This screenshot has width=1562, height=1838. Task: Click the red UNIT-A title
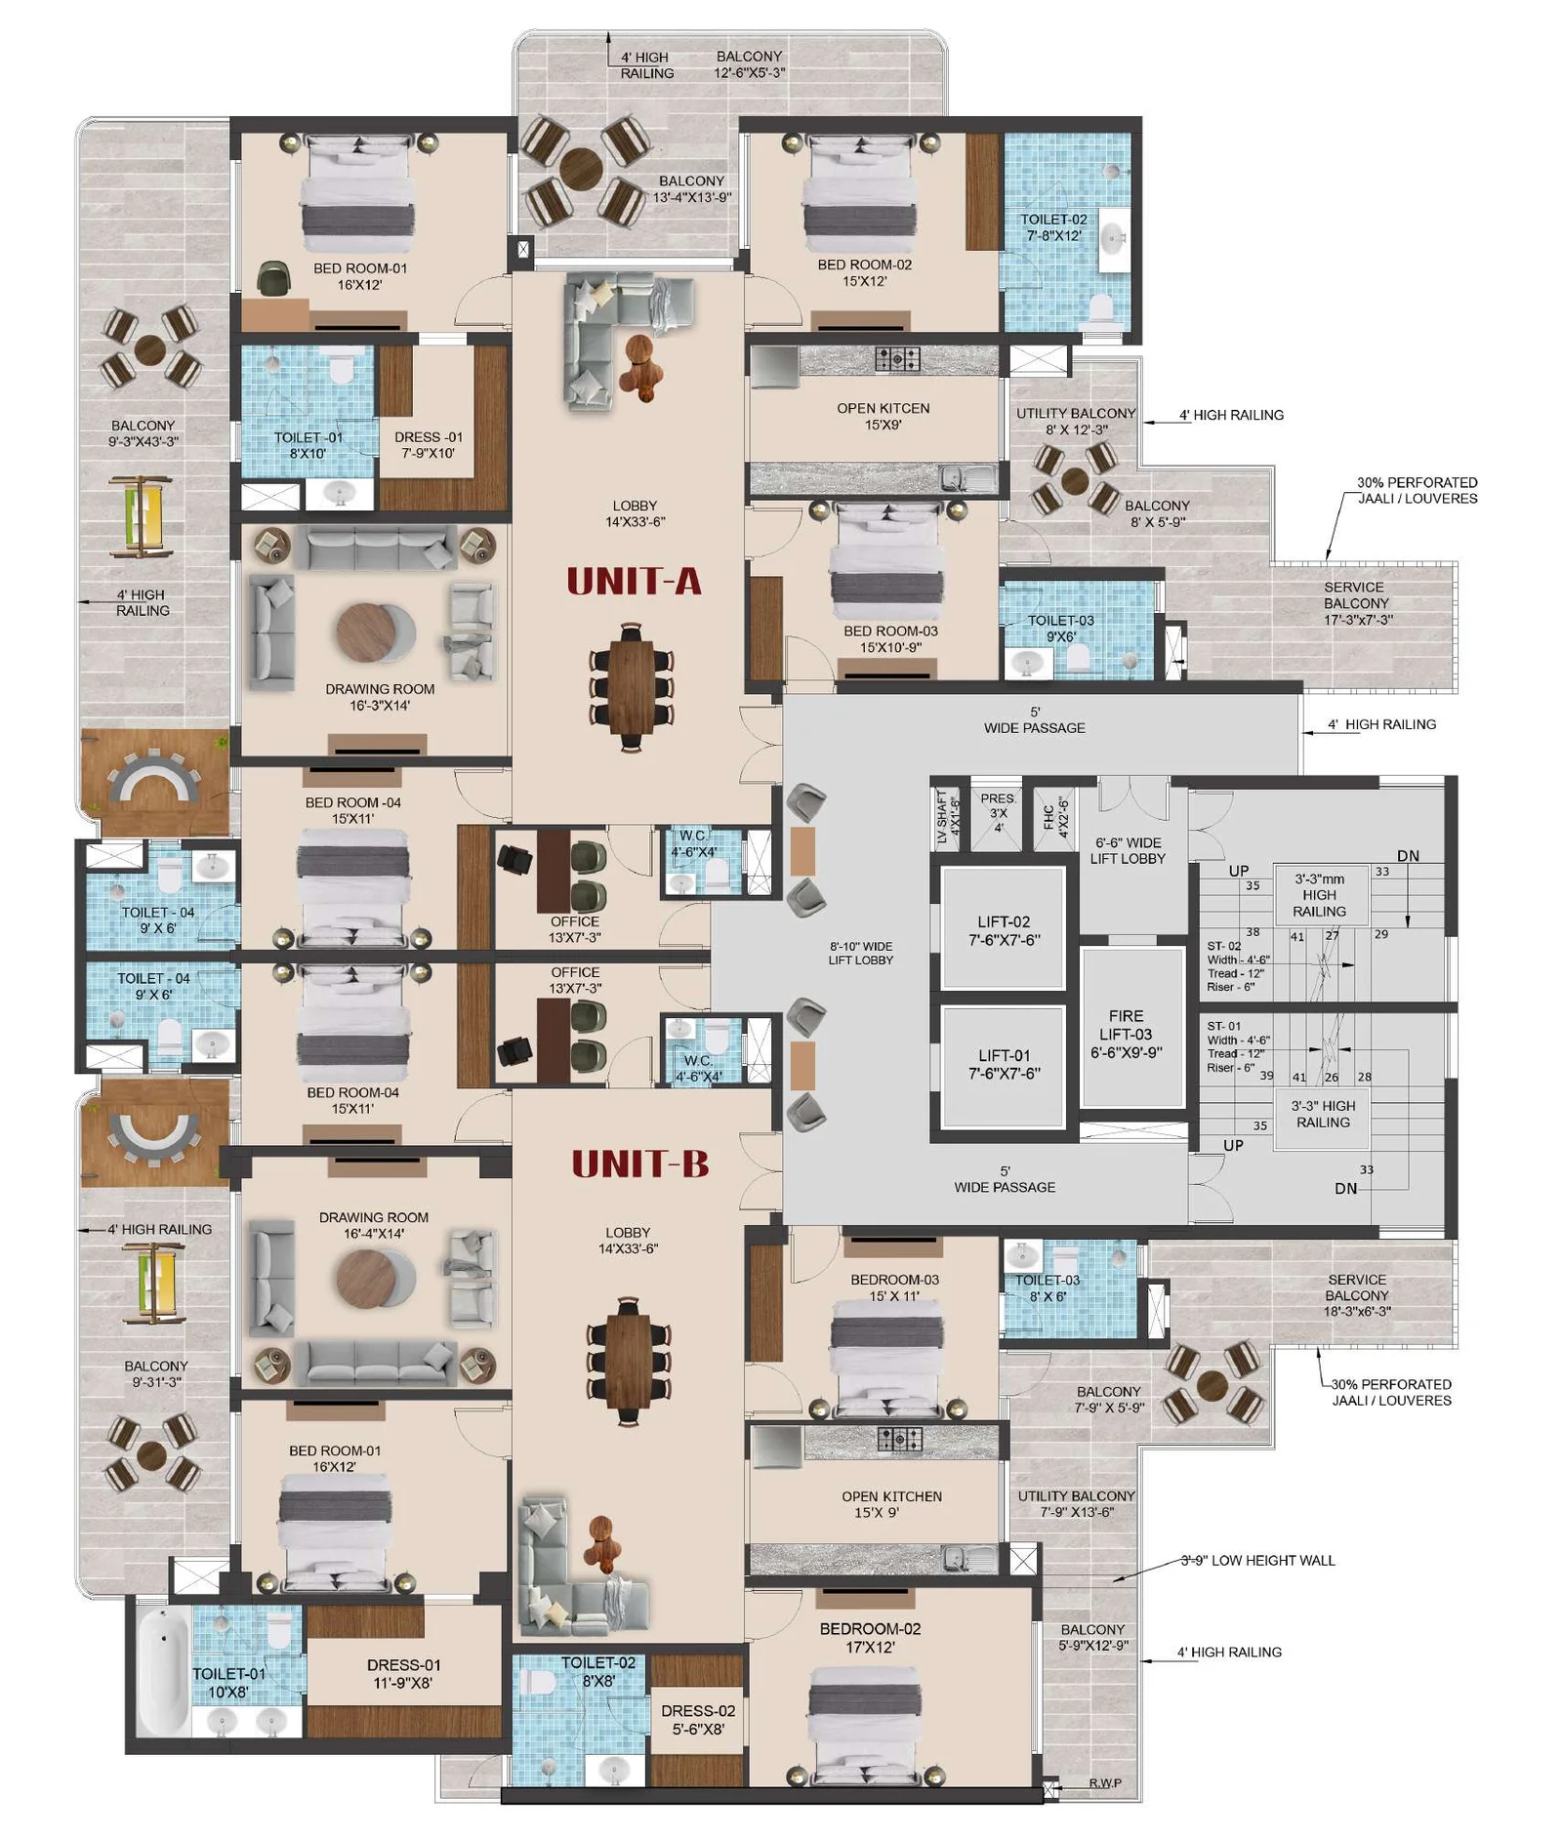tap(634, 582)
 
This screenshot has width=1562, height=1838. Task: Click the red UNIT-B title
tap(639, 1164)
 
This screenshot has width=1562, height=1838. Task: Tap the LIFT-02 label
tap(1004, 930)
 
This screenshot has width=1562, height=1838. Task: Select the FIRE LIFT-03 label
tap(1126, 1034)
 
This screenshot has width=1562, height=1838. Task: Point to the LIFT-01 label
tap(1004, 1064)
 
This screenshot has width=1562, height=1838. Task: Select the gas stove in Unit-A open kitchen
tap(897, 358)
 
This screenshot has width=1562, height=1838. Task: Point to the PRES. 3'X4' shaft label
tap(998, 812)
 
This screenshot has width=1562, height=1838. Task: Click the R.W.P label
tap(1105, 1782)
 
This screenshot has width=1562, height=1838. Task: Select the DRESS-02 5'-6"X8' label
tap(698, 1719)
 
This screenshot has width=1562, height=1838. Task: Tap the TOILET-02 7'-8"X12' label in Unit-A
tap(1053, 227)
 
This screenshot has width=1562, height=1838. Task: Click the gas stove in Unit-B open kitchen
tap(899, 1438)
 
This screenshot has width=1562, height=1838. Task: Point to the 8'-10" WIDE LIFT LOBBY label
tap(861, 953)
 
